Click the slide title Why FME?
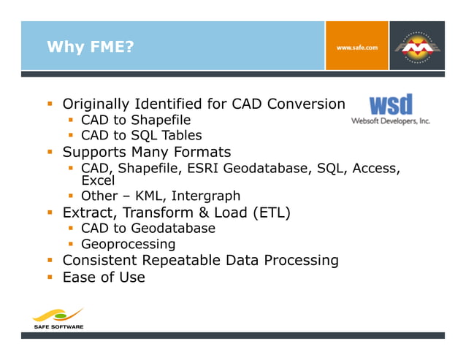91,48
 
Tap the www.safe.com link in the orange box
356,47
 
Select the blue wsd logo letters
391,104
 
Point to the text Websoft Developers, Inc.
391,120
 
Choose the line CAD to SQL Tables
141,136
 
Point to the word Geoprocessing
128,244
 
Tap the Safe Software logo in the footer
58,319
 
